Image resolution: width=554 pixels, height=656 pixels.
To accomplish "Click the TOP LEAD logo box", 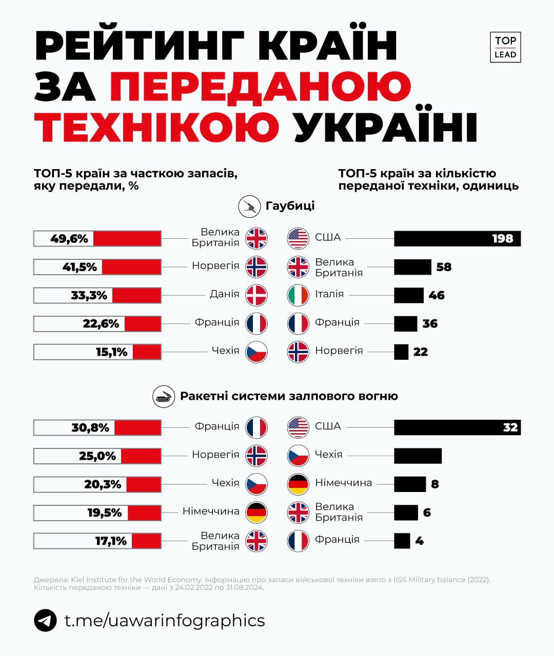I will pyautogui.click(x=505, y=47).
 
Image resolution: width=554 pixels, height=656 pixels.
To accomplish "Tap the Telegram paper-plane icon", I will pyautogui.click(x=45, y=621).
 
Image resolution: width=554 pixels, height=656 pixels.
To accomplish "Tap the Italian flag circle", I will pyautogui.click(x=298, y=295).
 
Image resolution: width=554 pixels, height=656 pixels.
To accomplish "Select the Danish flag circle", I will pyautogui.click(x=256, y=295).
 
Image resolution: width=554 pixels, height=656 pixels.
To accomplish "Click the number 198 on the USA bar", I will pyautogui.click(x=502, y=239).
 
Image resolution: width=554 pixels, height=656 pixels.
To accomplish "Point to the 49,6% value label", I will pyautogui.click(x=69, y=239).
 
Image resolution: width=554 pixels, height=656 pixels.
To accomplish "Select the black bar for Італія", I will pyautogui.click(x=408, y=295).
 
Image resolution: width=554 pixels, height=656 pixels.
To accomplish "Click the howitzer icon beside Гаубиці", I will pyautogui.click(x=249, y=207).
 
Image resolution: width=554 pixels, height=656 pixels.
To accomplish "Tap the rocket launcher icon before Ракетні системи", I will pyautogui.click(x=164, y=397).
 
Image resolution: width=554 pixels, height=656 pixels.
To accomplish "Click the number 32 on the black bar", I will pyautogui.click(x=510, y=428).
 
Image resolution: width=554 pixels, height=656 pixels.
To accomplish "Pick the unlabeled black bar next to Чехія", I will pyautogui.click(x=418, y=456).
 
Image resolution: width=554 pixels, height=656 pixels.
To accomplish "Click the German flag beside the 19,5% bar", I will pyautogui.click(x=256, y=512).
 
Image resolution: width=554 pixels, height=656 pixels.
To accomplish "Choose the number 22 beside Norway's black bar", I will pyautogui.click(x=420, y=352).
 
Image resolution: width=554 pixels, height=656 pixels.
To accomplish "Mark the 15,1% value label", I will pyautogui.click(x=111, y=352).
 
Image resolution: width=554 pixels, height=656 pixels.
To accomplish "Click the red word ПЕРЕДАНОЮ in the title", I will pyautogui.click(x=260, y=86).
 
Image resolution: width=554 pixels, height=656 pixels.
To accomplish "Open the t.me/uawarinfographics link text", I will pyautogui.click(x=165, y=621).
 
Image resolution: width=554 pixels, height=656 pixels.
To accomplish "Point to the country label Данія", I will pyautogui.click(x=224, y=294).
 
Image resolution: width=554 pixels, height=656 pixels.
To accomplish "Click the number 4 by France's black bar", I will pyautogui.click(x=419, y=541).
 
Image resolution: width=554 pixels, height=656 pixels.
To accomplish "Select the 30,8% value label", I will pyautogui.click(x=90, y=428).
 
